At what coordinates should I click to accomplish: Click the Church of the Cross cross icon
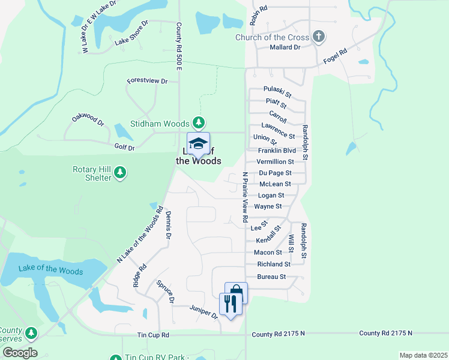click(319, 37)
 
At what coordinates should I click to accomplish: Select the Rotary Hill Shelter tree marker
click(121, 173)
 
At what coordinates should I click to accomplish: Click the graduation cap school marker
click(198, 144)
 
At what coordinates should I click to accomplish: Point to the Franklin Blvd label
click(277, 151)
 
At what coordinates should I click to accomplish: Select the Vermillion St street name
click(275, 161)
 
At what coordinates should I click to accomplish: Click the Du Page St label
click(275, 173)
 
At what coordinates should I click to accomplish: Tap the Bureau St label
click(271, 277)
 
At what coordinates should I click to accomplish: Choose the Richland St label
click(273, 264)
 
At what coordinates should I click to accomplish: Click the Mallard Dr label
click(285, 47)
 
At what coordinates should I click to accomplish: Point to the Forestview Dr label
click(147, 80)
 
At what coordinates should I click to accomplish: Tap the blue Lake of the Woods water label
click(50, 270)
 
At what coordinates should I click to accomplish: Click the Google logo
click(19, 353)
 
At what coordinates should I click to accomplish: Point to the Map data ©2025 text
click(423, 355)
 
